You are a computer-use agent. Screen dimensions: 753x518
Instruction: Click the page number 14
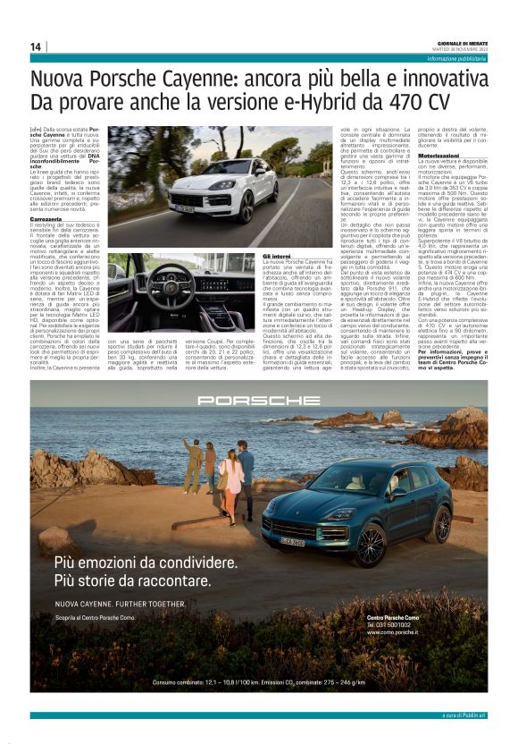(36, 47)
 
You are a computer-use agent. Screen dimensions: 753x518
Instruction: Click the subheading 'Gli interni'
(276, 255)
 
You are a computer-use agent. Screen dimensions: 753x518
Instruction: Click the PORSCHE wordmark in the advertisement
(258, 402)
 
